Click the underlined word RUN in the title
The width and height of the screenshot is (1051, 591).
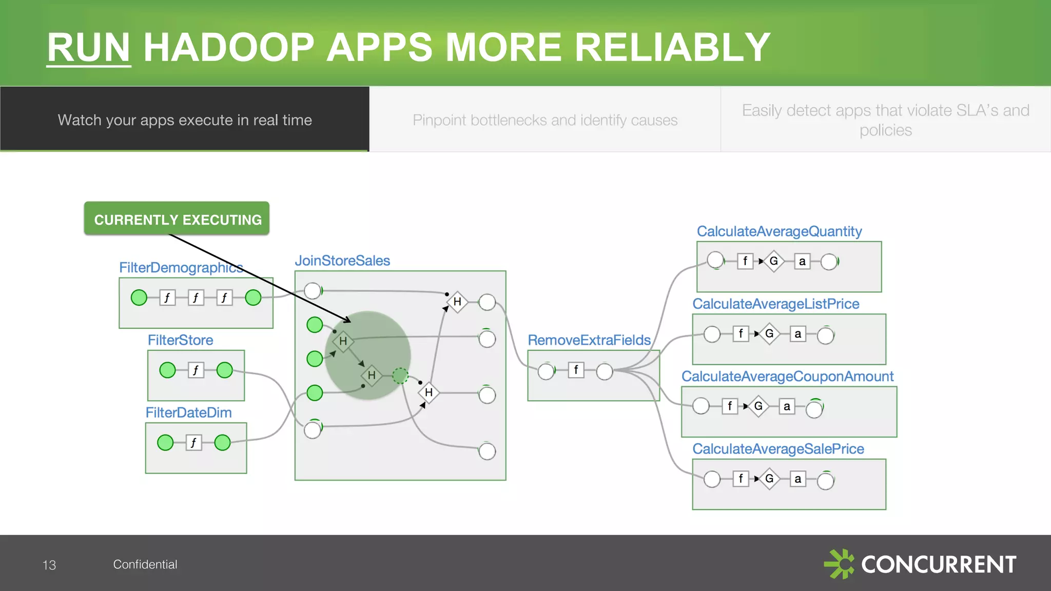tap(88, 47)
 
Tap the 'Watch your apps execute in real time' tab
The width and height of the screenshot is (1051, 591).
tap(185, 120)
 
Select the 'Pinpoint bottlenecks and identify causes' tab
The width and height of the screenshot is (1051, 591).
tap(545, 120)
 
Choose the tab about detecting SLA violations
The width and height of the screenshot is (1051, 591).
tap(886, 120)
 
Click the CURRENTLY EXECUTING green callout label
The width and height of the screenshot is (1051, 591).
tap(177, 219)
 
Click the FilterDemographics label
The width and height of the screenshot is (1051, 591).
tap(181, 267)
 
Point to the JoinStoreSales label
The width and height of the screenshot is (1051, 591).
tap(342, 260)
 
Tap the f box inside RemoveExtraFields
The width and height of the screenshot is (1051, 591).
tap(576, 370)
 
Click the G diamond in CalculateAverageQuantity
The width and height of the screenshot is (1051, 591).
tap(773, 261)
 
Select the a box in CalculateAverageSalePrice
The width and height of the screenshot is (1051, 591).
tap(797, 479)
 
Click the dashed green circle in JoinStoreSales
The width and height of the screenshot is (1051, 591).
tap(400, 376)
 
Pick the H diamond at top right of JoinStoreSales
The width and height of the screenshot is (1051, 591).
tap(457, 302)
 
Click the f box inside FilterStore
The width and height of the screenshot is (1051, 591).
tap(196, 370)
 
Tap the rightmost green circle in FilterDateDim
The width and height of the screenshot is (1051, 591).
tap(222, 442)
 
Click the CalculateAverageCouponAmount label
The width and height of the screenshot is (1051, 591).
tap(787, 376)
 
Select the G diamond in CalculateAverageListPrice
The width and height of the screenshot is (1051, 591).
tap(769, 334)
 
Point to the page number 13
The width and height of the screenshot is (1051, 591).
tap(49, 565)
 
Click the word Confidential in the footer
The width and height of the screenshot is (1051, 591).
tap(145, 564)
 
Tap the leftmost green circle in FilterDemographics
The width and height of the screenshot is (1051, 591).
tap(139, 298)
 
